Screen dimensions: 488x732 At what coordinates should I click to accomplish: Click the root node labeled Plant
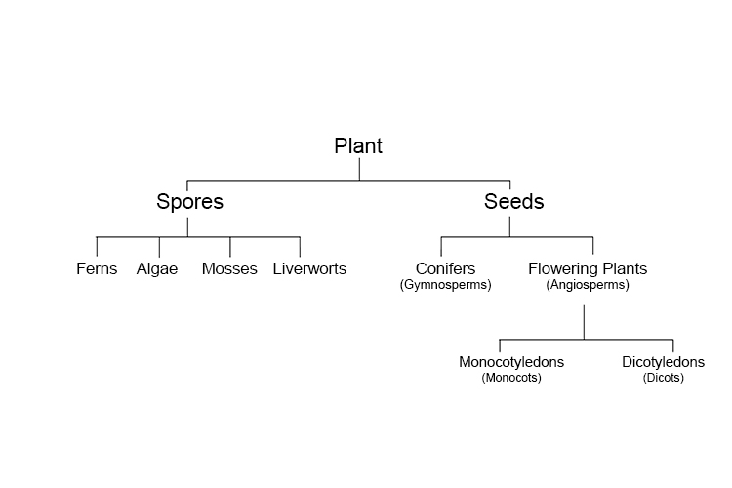[x=358, y=146]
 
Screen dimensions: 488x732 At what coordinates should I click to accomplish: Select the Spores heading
[x=189, y=202]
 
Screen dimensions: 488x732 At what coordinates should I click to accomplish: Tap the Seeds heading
[x=513, y=202]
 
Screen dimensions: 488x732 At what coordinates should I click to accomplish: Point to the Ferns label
[x=97, y=268]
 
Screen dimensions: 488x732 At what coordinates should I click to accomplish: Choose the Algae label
[x=157, y=268]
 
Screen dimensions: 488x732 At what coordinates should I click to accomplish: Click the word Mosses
[x=229, y=268]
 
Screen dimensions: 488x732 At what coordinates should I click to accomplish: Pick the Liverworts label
[x=309, y=268]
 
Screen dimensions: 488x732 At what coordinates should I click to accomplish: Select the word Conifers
[x=445, y=268]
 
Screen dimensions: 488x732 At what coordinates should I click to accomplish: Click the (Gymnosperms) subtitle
[x=445, y=285]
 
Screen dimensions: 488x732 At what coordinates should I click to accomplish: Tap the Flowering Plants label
[x=588, y=268]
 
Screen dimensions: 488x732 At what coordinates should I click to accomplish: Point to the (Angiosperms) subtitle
[x=588, y=285]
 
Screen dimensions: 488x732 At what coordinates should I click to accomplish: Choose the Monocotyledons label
[x=511, y=362]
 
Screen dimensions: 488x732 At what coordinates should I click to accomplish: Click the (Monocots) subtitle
[x=511, y=378]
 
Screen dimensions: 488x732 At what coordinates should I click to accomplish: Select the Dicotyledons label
[x=663, y=362]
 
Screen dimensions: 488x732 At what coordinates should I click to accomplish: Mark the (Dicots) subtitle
[x=664, y=378]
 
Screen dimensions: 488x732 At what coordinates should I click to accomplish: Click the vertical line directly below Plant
[x=359, y=169]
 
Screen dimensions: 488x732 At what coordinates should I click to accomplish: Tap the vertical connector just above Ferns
[x=97, y=247]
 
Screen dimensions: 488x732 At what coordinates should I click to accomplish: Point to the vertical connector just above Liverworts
[x=300, y=247]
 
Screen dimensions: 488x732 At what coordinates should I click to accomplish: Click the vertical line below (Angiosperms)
[x=584, y=321]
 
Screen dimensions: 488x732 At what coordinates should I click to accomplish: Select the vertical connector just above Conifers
[x=441, y=247]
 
